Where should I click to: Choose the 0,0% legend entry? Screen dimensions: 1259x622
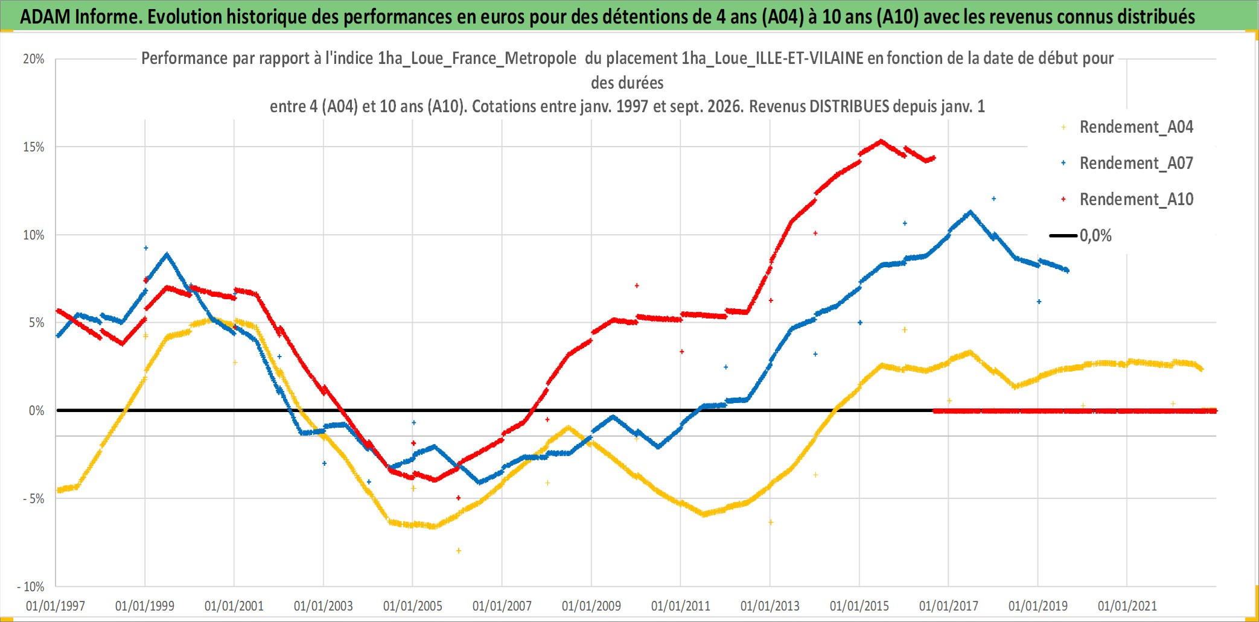point(1081,235)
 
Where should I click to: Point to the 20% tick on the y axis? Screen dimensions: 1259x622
point(34,59)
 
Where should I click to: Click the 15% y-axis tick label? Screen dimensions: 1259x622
point(34,147)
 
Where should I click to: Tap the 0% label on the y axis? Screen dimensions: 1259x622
point(37,411)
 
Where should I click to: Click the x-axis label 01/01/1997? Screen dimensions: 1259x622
point(56,606)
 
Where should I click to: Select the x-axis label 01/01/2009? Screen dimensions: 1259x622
point(591,606)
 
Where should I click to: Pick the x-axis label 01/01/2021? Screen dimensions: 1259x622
point(1127,606)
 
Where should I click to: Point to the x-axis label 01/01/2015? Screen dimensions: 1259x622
point(859,606)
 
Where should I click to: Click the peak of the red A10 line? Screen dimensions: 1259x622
point(881,141)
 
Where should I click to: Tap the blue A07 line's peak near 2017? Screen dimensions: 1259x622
point(970,212)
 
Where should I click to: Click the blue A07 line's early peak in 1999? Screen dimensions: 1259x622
point(167,254)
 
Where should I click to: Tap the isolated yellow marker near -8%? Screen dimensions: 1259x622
point(459,551)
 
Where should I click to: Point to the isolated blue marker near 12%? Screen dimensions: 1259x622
point(994,198)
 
